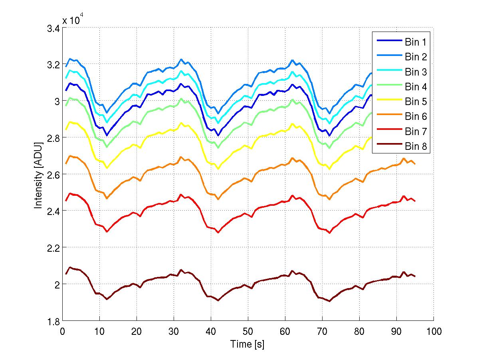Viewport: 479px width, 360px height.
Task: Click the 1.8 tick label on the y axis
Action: coord(54,321)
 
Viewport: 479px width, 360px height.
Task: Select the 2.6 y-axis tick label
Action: coord(54,175)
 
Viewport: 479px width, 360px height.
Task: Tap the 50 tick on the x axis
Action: coord(248,332)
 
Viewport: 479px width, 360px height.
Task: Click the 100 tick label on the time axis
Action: coord(433,332)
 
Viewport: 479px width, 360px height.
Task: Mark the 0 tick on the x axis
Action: coord(63,332)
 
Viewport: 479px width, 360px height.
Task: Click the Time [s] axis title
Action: coord(247,344)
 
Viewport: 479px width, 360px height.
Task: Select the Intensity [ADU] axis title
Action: coord(38,175)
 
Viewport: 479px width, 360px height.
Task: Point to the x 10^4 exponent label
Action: coord(73,20)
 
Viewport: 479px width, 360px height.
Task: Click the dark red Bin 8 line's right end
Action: coord(415,276)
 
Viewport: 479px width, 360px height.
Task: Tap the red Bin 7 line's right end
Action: coord(415,201)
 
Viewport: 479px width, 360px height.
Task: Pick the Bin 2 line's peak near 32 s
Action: coord(181,59)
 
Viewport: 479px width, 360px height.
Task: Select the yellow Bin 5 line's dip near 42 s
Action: coord(218,169)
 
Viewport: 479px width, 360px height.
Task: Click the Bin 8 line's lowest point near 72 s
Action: coord(330,301)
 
